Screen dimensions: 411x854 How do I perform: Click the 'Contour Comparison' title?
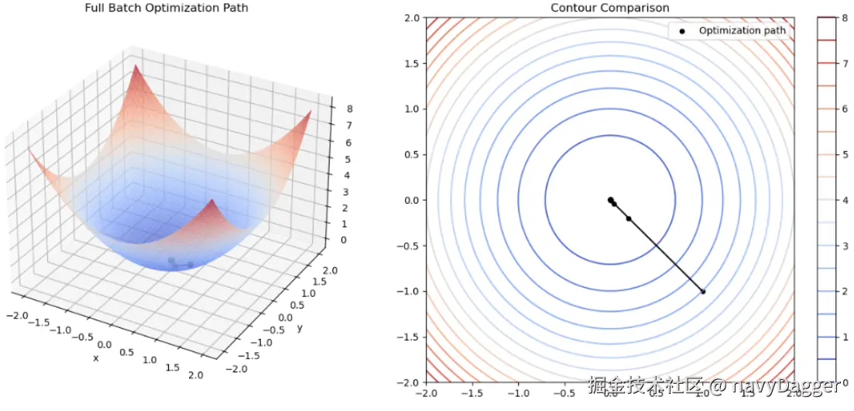(609, 9)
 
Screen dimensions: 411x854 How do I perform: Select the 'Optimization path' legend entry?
(742, 31)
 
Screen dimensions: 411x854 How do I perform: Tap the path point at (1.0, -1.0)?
(702, 292)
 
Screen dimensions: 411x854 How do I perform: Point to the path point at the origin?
(610, 200)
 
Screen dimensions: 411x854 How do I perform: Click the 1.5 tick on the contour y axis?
(410, 63)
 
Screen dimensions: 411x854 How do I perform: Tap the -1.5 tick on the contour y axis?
(407, 337)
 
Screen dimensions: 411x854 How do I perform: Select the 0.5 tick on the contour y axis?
(410, 154)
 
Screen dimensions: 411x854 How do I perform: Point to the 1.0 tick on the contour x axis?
(702, 393)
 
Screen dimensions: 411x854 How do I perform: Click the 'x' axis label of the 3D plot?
(96, 358)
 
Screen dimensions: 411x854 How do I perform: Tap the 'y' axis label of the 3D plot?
(298, 328)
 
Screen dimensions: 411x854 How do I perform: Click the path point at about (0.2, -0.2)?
(628, 219)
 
